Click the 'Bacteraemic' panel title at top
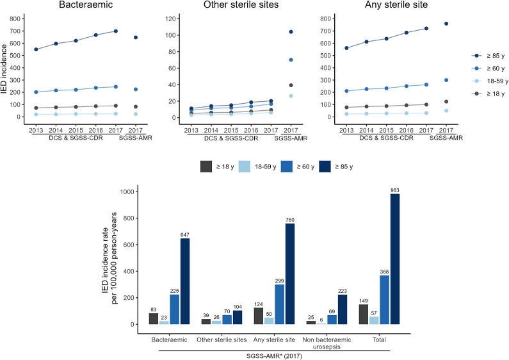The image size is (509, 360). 86,4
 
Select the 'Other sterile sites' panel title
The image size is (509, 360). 241,4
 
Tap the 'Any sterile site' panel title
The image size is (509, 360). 396,4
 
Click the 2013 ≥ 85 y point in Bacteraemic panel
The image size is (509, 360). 36,49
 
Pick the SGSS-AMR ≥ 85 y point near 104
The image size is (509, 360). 291,32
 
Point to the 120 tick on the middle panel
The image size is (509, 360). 170,19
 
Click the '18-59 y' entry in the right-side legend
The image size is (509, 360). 497,81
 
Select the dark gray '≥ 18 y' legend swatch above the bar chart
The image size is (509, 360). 206,167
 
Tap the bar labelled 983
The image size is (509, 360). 395,259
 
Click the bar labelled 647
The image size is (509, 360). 185,281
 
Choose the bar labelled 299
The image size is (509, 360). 280,304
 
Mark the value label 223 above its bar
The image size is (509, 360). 343,291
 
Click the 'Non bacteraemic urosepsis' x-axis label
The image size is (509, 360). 327,343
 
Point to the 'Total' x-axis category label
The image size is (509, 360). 379,340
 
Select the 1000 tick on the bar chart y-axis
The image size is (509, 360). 127,192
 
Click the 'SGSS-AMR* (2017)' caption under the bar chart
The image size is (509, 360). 274,356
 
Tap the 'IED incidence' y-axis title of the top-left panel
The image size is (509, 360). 4,69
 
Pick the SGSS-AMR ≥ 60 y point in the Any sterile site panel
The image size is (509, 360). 446,80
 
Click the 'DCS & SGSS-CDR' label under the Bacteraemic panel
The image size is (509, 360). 76,138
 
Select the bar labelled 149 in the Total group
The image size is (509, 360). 364,314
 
